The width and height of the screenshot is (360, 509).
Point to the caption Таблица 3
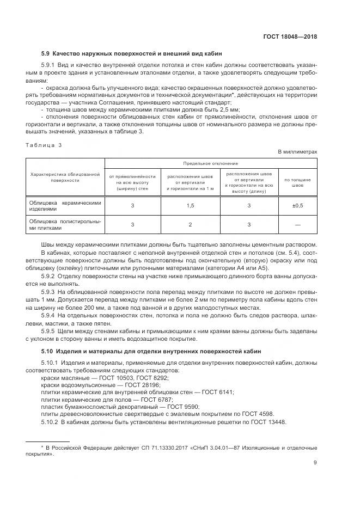(x=44, y=145)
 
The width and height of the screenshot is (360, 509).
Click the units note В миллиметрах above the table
(x=297, y=152)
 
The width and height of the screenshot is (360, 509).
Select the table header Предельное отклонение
(x=210, y=163)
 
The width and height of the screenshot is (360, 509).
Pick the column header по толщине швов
(x=297, y=182)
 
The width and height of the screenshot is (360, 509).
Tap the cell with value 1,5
(x=191, y=205)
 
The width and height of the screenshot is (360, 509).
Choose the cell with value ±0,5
(x=297, y=205)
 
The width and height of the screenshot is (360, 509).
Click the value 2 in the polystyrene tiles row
(x=191, y=224)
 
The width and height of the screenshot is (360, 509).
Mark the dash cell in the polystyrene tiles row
(x=297, y=224)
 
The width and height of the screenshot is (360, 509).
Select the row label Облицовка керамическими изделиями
(x=65, y=205)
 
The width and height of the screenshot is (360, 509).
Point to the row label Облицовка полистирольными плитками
(x=65, y=224)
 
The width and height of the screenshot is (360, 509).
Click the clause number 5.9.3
(x=50, y=292)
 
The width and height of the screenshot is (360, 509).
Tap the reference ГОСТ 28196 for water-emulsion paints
(x=123, y=384)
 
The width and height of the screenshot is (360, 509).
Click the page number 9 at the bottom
(x=315, y=463)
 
